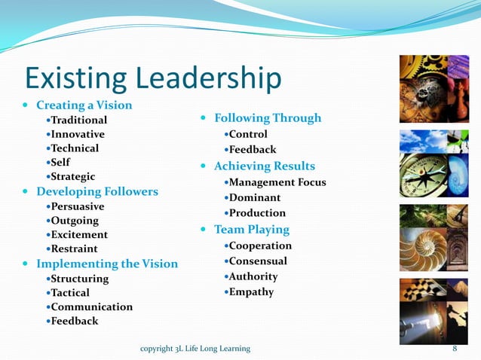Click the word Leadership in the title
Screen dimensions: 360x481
212,78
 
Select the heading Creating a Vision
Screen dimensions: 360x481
84,105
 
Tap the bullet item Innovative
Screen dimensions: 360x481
78,134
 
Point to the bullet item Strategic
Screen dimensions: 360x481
73,176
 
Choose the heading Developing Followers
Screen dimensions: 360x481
97,191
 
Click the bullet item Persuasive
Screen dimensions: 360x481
78,206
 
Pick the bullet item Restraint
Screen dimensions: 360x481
74,249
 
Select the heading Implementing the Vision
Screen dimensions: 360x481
107,264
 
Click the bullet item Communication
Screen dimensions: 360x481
91,307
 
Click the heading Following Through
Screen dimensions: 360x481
268,117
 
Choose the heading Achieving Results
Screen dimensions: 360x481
265,166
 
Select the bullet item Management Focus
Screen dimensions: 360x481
278,182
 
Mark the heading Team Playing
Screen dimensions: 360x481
252,229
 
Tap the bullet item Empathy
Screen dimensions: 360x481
252,291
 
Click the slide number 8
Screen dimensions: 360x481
455,348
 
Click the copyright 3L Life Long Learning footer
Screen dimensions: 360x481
196,348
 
